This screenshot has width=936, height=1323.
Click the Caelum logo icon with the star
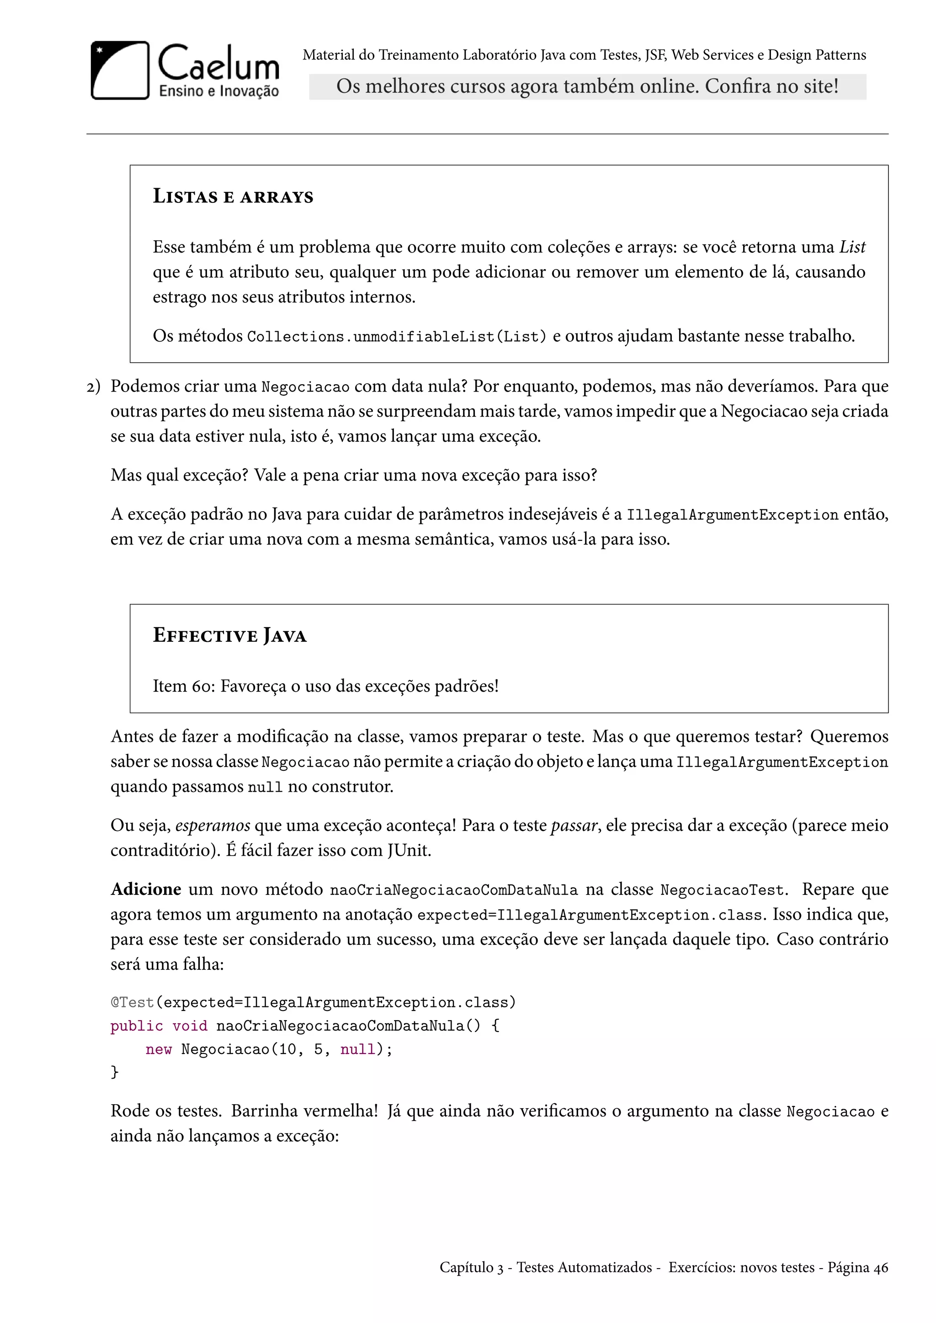tap(120, 70)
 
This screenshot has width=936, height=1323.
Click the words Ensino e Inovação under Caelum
tap(218, 91)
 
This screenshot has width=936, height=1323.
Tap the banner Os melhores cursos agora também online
tap(587, 86)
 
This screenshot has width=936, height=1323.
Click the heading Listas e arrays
tap(233, 196)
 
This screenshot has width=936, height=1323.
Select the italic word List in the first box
tap(852, 247)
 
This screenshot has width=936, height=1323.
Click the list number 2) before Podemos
tap(93, 386)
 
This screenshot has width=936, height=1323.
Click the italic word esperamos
tap(213, 826)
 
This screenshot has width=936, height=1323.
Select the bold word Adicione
tap(146, 889)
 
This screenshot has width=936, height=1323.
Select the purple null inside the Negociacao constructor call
tap(357, 1049)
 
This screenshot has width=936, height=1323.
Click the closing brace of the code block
tap(114, 1072)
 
